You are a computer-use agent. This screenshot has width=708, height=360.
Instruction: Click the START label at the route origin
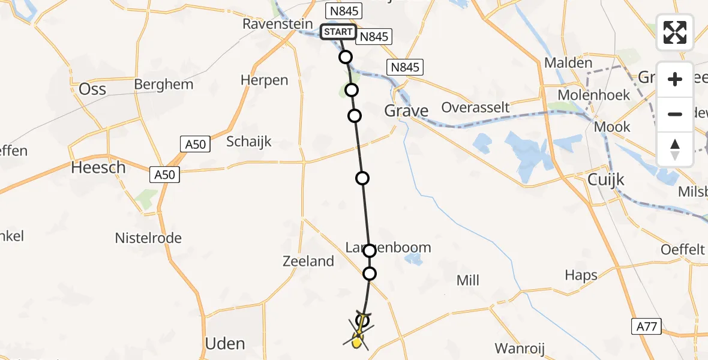[338, 32]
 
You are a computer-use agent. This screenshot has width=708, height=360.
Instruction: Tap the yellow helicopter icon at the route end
[358, 341]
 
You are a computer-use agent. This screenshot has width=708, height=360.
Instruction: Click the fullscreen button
[675, 32]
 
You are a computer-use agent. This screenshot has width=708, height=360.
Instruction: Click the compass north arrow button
[675, 149]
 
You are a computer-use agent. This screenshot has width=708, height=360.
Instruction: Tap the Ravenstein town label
[278, 24]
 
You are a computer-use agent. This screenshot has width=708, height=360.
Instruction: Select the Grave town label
[406, 111]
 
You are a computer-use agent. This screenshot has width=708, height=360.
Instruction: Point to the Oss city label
[92, 89]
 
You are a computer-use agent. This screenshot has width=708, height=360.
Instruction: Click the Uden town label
[225, 344]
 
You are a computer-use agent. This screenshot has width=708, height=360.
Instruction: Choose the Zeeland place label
[308, 261]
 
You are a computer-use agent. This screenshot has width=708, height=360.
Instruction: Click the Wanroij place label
[520, 348]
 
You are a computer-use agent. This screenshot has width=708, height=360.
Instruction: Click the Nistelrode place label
[148, 238]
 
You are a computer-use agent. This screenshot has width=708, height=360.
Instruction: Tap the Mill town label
[467, 280]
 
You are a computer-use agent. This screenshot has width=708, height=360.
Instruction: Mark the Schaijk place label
[249, 142]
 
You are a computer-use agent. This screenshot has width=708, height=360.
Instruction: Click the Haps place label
[581, 275]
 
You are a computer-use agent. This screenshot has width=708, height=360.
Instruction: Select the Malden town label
[568, 62]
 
